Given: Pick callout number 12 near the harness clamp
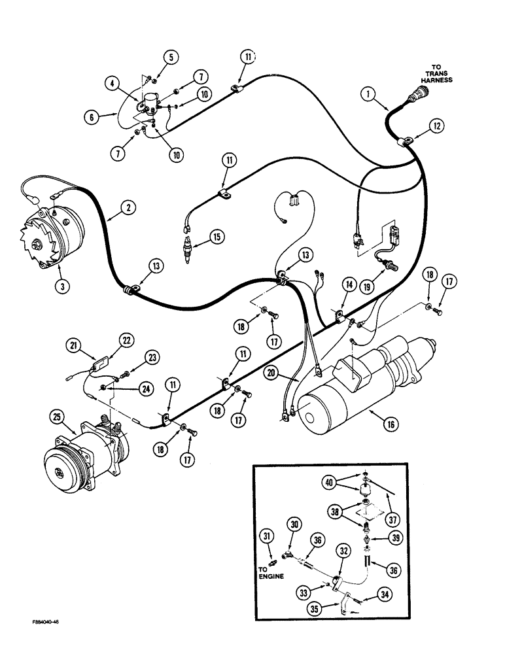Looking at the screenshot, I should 435,125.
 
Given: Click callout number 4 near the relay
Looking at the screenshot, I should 114,83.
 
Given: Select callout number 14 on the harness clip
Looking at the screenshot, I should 349,285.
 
